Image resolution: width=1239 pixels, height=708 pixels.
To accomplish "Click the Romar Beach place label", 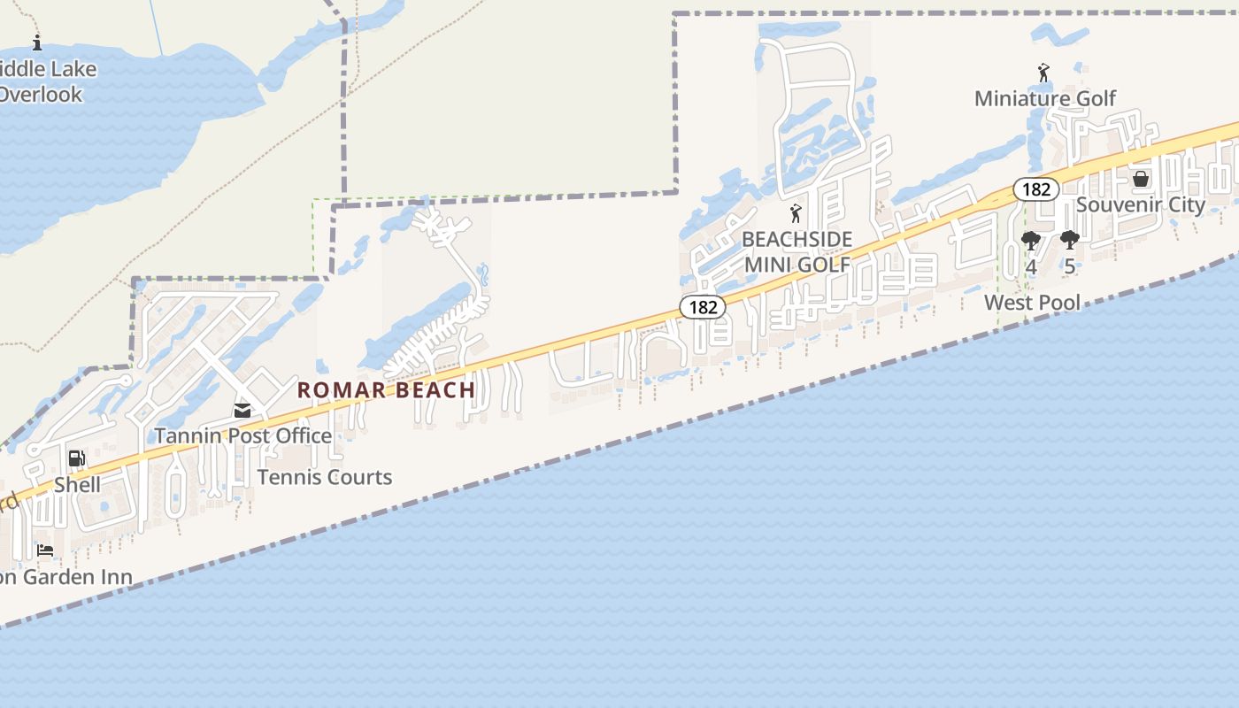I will [x=386, y=389].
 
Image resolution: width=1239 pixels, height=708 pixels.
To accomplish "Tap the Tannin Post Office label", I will [x=243, y=435].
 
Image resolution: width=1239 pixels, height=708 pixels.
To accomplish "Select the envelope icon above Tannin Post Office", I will [x=242, y=410].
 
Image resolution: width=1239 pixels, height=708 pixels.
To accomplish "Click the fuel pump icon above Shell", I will [x=77, y=458].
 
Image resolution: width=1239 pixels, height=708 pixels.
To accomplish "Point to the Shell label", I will [x=77, y=485].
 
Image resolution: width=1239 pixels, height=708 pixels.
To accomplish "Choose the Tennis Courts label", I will [x=324, y=477].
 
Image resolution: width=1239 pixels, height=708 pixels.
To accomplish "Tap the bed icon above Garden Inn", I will [x=45, y=550].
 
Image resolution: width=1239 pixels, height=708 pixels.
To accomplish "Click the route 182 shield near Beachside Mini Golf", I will [x=703, y=307].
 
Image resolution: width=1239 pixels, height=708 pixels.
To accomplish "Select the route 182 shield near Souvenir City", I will [x=1036, y=189].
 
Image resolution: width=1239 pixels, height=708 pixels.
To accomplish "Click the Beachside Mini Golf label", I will [x=796, y=251].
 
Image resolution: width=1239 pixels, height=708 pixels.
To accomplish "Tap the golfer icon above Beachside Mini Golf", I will [x=796, y=213].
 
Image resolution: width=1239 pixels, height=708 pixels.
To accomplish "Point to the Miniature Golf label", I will [x=1045, y=98].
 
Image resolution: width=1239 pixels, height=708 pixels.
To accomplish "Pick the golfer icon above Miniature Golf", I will [x=1043, y=72].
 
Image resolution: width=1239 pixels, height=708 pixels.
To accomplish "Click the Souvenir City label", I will [x=1140, y=204].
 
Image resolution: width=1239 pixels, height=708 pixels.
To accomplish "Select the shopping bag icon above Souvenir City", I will [x=1141, y=179].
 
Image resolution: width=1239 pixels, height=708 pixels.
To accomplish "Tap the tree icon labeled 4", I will [x=1031, y=241].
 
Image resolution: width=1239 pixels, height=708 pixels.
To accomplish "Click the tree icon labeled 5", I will [x=1069, y=240].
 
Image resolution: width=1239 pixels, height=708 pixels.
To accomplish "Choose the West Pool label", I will [x=1032, y=303].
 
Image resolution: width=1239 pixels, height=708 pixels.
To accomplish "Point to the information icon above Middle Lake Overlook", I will [x=37, y=42].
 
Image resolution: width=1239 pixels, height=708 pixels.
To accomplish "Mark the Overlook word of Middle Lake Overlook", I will [x=41, y=95].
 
